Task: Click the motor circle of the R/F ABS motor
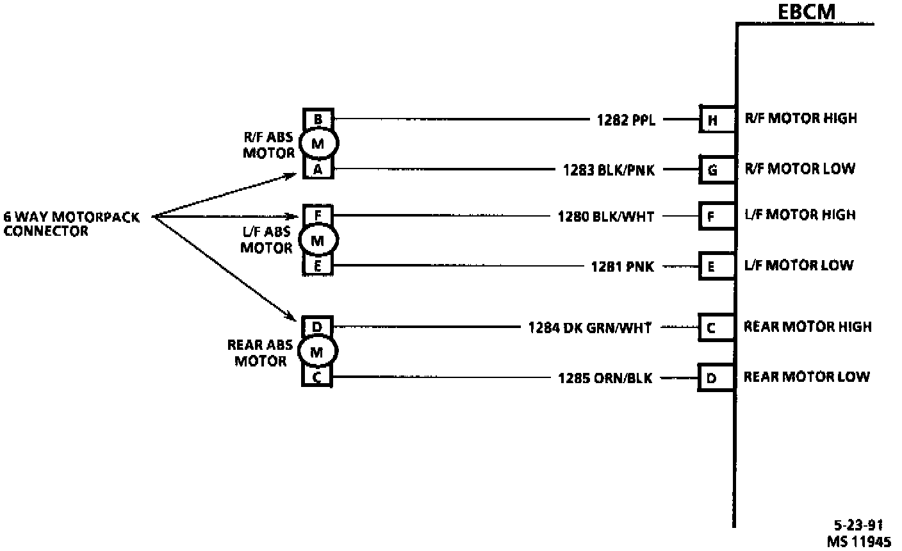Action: [317, 144]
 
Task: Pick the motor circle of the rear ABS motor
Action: [317, 352]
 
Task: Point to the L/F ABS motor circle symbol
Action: [317, 241]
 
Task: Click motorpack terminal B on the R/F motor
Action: [318, 119]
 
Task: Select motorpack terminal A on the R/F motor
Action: [318, 169]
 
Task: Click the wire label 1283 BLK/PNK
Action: [609, 170]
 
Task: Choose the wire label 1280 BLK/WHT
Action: [606, 217]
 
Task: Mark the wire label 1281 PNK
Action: [623, 266]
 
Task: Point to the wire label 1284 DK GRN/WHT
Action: [589, 328]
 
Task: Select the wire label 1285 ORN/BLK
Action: [605, 378]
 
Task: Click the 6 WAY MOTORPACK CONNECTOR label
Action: [71, 224]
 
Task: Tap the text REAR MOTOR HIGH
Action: [807, 327]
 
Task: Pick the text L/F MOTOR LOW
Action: [798, 265]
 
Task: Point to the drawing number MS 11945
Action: [858, 541]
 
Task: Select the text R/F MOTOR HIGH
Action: [800, 119]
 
